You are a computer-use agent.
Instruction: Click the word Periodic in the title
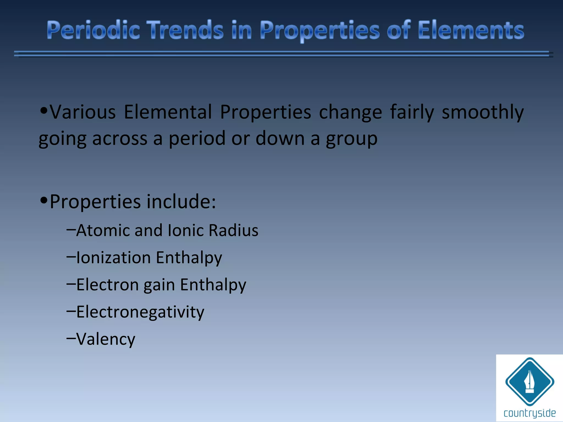coord(93,30)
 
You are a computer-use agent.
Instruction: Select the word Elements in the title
coord(471,30)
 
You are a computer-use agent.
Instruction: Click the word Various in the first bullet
coord(83,112)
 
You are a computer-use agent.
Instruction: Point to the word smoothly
coord(482,112)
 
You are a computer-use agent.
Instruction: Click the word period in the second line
coord(197,138)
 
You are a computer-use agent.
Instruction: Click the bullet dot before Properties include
coord(44,200)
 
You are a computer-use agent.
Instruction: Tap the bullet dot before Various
coord(44,111)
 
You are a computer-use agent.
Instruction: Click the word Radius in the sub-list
coord(233,230)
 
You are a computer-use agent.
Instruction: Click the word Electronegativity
coord(140,312)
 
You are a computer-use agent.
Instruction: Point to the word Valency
coord(106,339)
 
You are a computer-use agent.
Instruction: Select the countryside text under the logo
coord(529,413)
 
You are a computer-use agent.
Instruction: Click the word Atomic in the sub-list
coord(103,230)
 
